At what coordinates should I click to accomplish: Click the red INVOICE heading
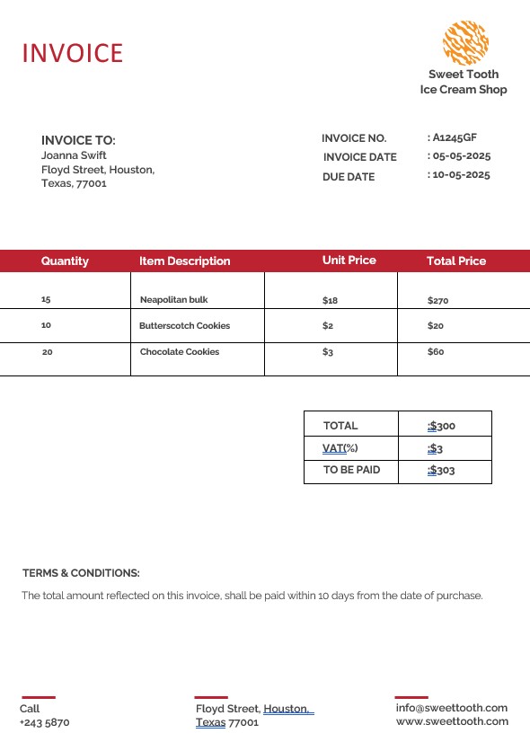(x=72, y=53)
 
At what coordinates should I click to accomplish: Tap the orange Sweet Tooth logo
(x=464, y=42)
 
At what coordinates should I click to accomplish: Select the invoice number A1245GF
(x=455, y=137)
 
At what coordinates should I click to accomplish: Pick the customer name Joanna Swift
(x=74, y=155)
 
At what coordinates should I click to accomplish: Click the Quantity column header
(x=65, y=261)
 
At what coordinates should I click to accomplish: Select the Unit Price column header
(x=349, y=261)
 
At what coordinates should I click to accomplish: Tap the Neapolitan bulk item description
(x=173, y=300)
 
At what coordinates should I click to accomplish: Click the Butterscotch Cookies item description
(x=184, y=326)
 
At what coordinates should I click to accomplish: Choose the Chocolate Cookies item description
(x=180, y=352)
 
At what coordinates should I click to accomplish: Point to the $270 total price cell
(x=437, y=300)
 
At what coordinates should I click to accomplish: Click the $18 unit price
(x=330, y=300)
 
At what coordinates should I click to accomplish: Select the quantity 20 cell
(x=48, y=352)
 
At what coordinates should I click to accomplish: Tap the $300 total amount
(x=442, y=426)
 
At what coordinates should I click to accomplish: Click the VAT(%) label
(x=340, y=448)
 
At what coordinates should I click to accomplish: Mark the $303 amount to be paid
(x=442, y=470)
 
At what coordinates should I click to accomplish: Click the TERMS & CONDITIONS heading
(x=81, y=573)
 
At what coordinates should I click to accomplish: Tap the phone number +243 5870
(x=44, y=722)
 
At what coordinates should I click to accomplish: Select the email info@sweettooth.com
(x=451, y=708)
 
